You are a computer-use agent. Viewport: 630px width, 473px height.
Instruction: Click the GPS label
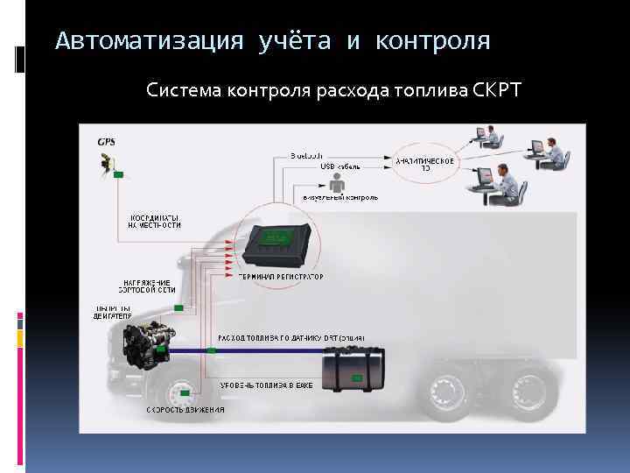point(106,142)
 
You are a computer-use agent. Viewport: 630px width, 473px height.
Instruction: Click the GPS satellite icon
point(108,162)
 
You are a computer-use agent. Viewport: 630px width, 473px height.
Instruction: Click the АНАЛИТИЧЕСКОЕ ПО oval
point(425,164)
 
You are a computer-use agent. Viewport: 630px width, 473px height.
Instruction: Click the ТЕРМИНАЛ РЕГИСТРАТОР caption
point(281,276)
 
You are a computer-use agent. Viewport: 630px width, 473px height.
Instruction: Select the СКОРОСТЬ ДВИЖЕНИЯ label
point(185,409)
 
